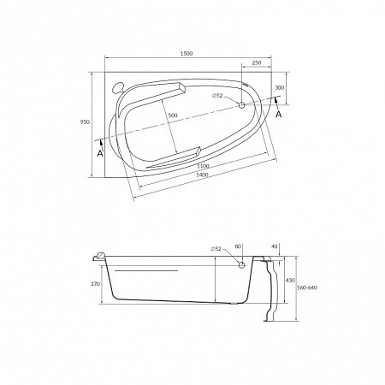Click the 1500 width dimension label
(x=187, y=53)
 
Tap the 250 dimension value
(x=257, y=62)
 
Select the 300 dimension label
(x=279, y=88)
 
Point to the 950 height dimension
(x=85, y=122)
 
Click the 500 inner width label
(x=173, y=115)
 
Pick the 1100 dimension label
(x=204, y=166)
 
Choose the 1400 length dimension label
(x=202, y=175)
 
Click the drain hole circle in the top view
(x=241, y=105)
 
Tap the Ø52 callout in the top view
(x=217, y=96)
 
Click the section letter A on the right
(x=279, y=115)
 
